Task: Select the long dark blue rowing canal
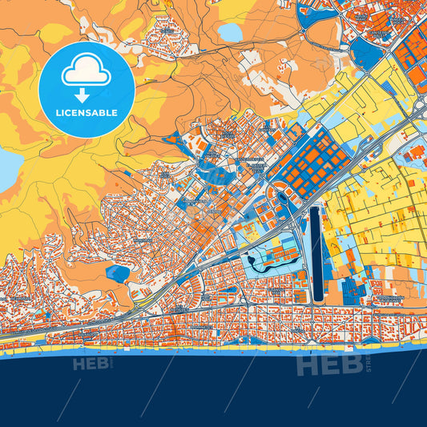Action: [x=316, y=252]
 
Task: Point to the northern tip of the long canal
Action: [x=316, y=207]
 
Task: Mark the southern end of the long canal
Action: [x=316, y=299]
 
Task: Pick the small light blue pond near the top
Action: [x=230, y=33]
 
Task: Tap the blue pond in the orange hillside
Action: [x=118, y=273]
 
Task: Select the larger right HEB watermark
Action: [x=318, y=365]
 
